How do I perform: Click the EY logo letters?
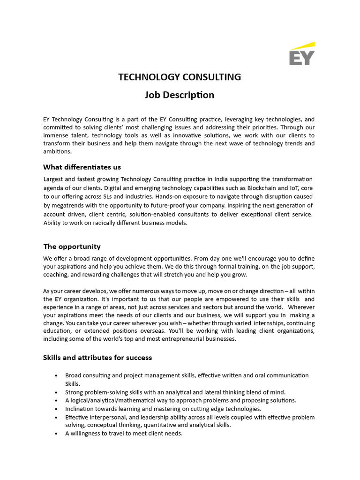click(301, 58)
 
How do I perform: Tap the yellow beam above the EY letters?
click(302, 45)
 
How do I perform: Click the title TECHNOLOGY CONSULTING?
click(180, 77)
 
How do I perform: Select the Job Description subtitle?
click(180, 95)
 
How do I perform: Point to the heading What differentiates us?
click(82, 167)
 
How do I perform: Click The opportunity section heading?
click(72, 247)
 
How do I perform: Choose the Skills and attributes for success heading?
click(97, 358)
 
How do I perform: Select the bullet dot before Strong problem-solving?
click(56, 392)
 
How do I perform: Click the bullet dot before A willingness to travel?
click(56, 434)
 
